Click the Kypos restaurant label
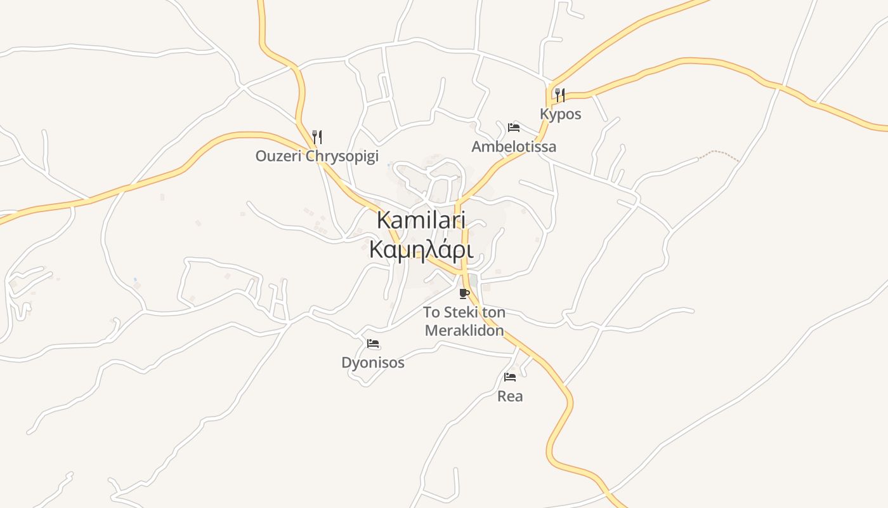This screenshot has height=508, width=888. coord(560,114)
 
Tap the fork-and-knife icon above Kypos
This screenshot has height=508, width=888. coord(559,95)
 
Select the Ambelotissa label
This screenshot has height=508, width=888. coord(514,147)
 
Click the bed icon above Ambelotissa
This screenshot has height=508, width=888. coord(514,128)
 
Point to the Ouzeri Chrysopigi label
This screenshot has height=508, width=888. coord(317,156)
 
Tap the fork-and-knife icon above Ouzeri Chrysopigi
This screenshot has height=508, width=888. coord(317,137)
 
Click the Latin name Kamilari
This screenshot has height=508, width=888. coord(421,220)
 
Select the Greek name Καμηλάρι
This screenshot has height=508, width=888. coord(421,250)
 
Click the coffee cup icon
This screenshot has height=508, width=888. coord(464,293)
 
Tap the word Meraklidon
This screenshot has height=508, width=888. coord(464,330)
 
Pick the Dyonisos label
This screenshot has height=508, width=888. coord(373,363)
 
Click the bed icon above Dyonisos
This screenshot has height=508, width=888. coord(373,344)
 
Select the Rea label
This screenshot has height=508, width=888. coord(510,396)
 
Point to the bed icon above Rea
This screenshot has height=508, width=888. coord(510,377)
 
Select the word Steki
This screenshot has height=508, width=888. coord(461,312)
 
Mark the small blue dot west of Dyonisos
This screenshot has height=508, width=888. coord(135,279)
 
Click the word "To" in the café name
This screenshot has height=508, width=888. coord(431,312)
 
